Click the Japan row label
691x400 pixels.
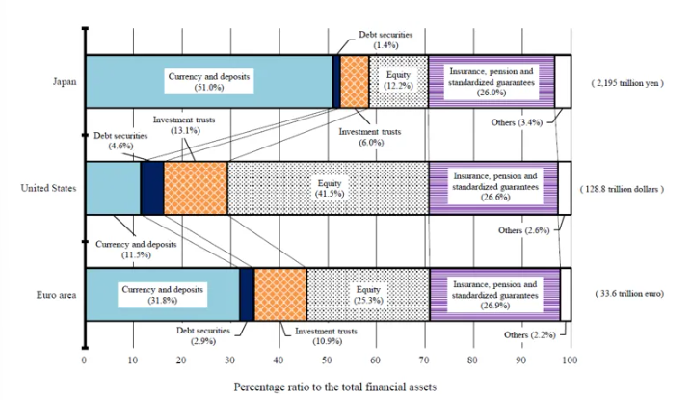click(65, 82)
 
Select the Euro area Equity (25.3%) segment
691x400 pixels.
click(367, 293)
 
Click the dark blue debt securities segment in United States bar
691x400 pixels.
click(152, 187)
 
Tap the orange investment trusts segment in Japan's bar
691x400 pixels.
click(356, 81)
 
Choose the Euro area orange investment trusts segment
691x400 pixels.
click(279, 293)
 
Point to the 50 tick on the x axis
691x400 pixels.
click(327, 360)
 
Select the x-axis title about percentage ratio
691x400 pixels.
click(334, 386)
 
